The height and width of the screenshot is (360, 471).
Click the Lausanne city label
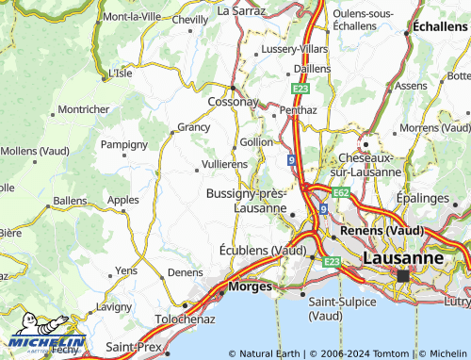(x=402, y=256)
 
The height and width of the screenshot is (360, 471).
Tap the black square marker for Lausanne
(x=403, y=276)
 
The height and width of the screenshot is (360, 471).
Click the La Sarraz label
(x=242, y=11)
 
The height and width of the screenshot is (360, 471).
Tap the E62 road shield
(x=341, y=192)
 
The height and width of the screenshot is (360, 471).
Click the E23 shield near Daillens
(x=300, y=88)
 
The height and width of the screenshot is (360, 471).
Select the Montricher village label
(x=84, y=109)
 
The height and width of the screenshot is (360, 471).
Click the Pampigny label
(x=124, y=144)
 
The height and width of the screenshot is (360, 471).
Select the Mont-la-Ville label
(x=131, y=17)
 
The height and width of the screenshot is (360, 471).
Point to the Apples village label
(x=123, y=200)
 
